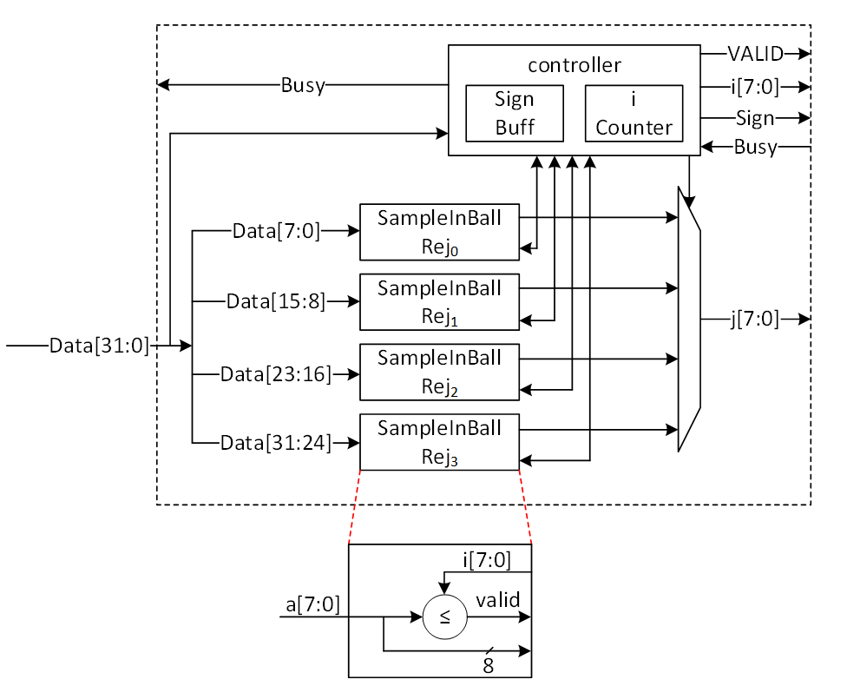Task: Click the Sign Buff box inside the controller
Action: point(515,114)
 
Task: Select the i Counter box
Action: point(634,114)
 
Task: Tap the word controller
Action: point(575,65)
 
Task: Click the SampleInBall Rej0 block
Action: point(439,232)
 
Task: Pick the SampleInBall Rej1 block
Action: point(439,301)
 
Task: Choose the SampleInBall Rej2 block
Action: point(439,372)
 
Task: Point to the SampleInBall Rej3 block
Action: point(439,442)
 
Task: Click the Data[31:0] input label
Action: point(99,346)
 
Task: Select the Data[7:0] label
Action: point(276,231)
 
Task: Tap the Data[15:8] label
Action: point(276,301)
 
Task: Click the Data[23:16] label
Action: point(276,374)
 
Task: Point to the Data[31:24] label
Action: point(276,443)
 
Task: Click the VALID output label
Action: point(755,54)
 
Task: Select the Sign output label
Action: point(755,117)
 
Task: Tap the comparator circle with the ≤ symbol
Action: point(444,618)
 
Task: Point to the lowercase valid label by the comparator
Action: point(497,600)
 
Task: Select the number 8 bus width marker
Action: point(488,665)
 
